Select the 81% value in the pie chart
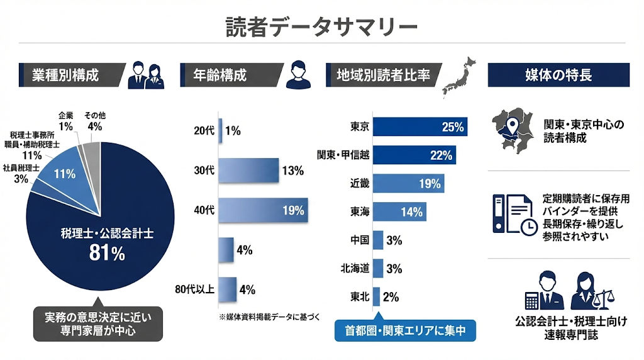click(x=107, y=253)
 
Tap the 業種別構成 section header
click(x=69, y=76)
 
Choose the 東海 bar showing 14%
click(x=399, y=212)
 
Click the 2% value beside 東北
click(x=391, y=297)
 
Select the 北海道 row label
click(x=355, y=269)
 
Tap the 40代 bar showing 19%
click(x=263, y=210)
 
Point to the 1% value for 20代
click(x=233, y=131)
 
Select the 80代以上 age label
click(x=195, y=290)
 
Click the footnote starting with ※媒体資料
click(x=269, y=317)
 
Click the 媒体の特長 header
click(x=558, y=76)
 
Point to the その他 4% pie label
click(x=94, y=120)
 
